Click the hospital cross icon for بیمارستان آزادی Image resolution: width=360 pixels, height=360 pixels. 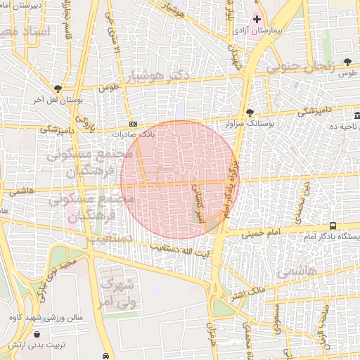257,20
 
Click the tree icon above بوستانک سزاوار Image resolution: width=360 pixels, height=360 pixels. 250,112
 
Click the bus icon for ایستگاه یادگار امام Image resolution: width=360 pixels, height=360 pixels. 333,226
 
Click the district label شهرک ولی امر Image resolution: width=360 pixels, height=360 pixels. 116,293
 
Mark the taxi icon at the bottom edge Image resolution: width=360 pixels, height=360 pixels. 105,356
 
